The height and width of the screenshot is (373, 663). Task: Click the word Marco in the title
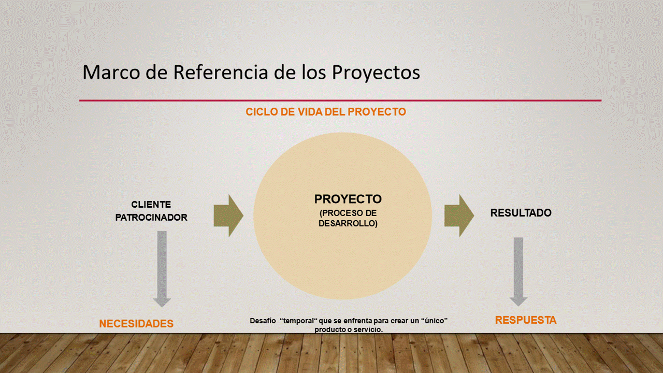click(111, 72)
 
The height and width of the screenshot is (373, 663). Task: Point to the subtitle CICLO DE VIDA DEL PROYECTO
click(326, 112)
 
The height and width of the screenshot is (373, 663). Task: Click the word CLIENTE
click(151, 205)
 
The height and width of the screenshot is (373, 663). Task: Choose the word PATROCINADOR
click(151, 218)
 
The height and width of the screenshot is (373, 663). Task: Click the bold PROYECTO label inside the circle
click(348, 199)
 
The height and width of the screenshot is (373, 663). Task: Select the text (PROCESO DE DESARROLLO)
click(348, 218)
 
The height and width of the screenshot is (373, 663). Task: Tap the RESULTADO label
click(521, 213)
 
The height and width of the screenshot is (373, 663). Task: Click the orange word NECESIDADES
click(136, 324)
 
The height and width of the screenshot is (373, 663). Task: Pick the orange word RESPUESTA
click(526, 320)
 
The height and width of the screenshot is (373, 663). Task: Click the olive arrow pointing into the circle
click(228, 216)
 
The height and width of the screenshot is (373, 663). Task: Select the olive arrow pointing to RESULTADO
click(459, 216)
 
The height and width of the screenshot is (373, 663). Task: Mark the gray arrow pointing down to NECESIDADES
click(162, 269)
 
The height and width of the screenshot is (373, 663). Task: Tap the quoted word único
click(434, 321)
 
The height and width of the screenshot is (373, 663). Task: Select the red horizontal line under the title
click(340, 101)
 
